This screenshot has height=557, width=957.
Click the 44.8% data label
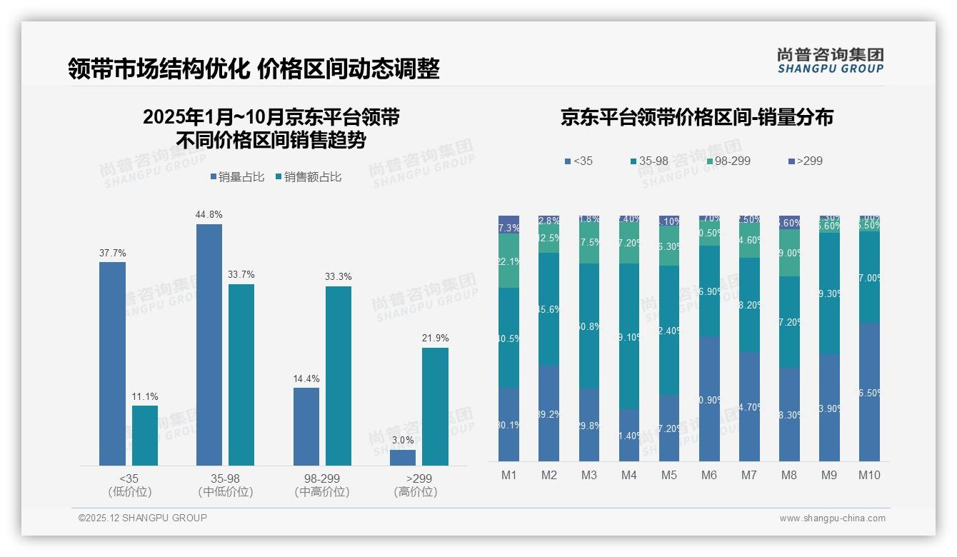[209, 214]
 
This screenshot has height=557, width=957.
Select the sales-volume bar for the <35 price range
[112, 363]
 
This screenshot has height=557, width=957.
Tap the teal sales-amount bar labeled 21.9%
[435, 406]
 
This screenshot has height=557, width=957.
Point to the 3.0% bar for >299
[403, 457]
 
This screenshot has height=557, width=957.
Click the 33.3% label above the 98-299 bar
[338, 276]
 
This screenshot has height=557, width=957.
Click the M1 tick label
[508, 476]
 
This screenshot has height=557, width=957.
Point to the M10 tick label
[868, 476]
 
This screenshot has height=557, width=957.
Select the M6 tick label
[708, 476]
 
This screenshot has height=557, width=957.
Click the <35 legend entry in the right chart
[578, 161]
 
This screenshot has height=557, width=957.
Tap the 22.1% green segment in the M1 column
[508, 261]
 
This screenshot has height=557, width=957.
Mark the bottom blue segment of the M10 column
[868, 391]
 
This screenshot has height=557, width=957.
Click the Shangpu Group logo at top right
[830, 60]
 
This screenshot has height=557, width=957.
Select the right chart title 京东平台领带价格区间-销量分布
[696, 117]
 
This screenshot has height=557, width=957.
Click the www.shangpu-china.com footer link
[832, 518]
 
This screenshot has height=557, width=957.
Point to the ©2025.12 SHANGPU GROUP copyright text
[143, 518]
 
